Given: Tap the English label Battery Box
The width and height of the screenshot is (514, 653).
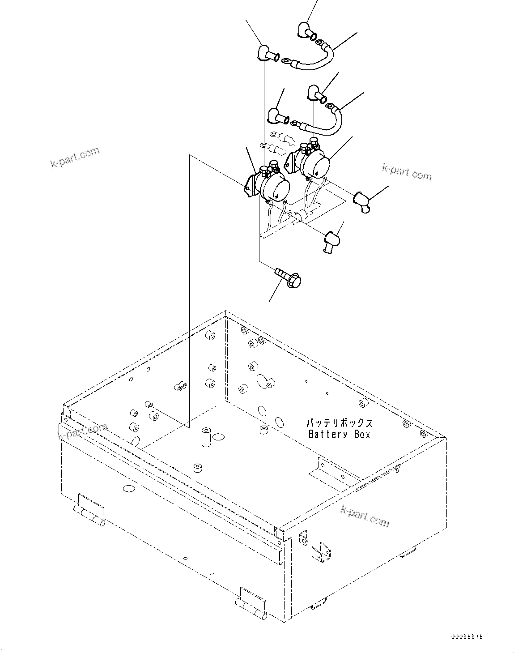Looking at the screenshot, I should pos(340,434).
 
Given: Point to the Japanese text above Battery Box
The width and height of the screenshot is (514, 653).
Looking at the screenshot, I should pos(339,423).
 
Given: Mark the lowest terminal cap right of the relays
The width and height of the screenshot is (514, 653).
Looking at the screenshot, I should pos(331,241).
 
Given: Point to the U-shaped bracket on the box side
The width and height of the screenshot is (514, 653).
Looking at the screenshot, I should pos(321,551).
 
